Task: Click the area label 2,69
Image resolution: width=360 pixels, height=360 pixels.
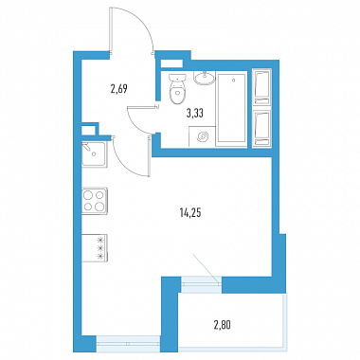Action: (118, 89)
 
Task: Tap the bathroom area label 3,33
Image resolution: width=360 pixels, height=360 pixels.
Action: (194, 113)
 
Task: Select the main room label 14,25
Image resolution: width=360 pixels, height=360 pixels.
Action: (190, 213)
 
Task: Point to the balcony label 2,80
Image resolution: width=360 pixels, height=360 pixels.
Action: (222, 325)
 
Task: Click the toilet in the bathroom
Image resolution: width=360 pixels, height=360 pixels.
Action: (177, 89)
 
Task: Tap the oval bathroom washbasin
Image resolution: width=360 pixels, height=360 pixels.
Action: (205, 78)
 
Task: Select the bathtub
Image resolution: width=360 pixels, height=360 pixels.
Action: (231, 110)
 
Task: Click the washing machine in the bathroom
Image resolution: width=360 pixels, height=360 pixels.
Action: (202, 136)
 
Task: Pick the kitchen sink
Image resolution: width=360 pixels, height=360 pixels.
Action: (95, 154)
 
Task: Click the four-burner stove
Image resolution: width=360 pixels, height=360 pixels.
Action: (95, 201)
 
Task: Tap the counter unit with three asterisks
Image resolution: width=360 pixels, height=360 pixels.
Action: (95, 248)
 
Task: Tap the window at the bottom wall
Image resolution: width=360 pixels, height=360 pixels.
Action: (128, 344)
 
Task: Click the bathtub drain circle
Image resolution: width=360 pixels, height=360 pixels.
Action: (233, 81)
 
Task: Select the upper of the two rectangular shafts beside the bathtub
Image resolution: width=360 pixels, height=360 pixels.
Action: (262, 87)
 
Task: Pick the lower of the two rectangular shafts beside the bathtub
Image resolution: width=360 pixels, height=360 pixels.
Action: (262, 128)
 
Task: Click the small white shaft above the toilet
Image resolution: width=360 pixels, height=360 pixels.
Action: (171, 63)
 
